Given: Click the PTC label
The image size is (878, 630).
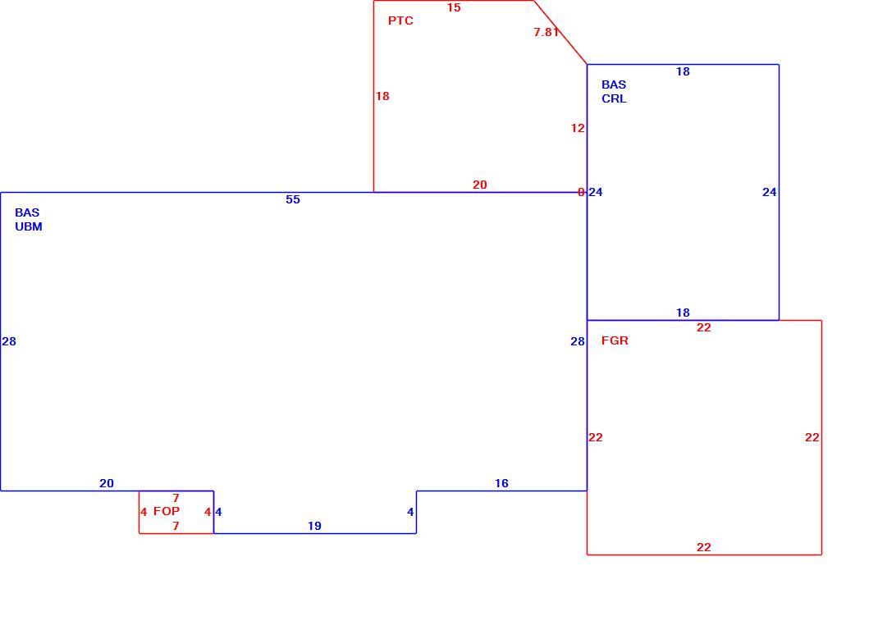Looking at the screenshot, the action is [400, 21].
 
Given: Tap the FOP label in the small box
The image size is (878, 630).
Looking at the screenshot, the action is [167, 511].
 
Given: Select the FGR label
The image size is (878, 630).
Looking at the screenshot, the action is [615, 340].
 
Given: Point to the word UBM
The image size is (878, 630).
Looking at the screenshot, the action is [29, 226].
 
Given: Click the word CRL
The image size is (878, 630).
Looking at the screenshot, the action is [614, 98].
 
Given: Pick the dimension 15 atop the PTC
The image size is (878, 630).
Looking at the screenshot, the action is [454, 8].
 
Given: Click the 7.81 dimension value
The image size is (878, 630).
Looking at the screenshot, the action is [546, 33].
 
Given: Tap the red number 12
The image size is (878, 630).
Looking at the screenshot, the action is [578, 128].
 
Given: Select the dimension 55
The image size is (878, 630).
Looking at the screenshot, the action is [293, 200].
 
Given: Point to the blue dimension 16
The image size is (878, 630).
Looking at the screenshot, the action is [501, 483].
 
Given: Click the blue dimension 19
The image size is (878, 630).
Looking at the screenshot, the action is [314, 526].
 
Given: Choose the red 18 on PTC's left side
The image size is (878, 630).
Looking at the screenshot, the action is [382, 96].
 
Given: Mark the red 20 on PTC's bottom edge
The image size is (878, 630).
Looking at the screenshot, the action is [480, 185].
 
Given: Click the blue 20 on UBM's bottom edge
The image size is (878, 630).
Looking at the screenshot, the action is [107, 483].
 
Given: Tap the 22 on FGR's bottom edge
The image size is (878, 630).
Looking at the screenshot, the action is [704, 547].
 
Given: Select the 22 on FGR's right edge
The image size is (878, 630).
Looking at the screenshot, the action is [812, 437].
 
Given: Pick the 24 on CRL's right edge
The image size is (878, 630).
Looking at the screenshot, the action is [770, 192].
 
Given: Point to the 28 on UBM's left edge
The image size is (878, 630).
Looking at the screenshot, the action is [9, 341].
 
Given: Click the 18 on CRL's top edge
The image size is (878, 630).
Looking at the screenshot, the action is [683, 71].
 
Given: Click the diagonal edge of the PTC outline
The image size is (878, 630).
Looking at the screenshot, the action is [560, 33].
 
